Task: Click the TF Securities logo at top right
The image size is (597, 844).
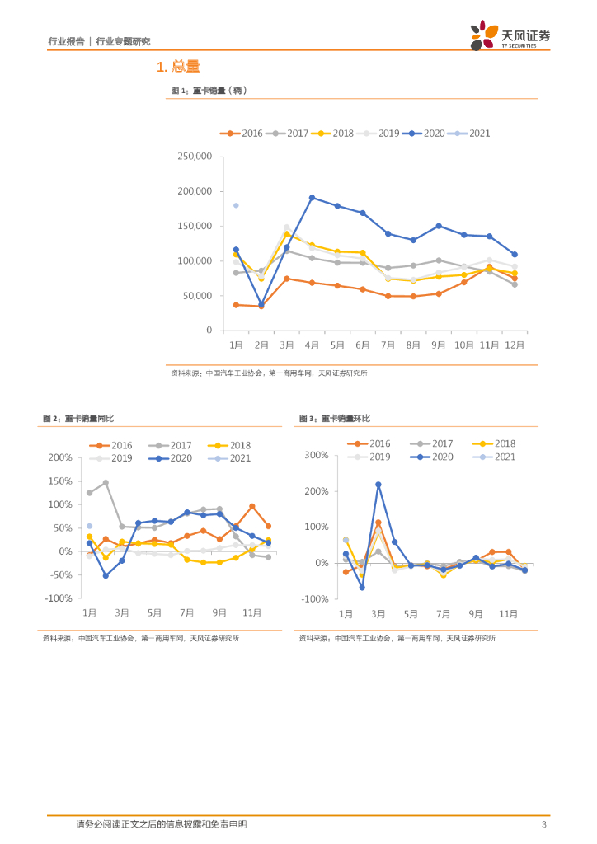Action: click(510, 36)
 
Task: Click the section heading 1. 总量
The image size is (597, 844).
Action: click(178, 67)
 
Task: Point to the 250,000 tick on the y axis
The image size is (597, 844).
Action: click(195, 157)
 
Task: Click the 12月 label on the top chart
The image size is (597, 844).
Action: click(514, 345)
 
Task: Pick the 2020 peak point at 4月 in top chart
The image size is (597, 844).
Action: click(312, 198)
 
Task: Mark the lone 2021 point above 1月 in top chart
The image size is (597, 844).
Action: click(236, 205)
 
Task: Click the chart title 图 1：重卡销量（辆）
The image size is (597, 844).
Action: click(209, 91)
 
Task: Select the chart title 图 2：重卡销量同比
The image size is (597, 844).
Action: click(82, 420)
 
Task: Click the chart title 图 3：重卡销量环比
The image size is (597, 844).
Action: click(335, 420)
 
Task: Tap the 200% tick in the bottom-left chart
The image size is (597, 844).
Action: click(60, 457)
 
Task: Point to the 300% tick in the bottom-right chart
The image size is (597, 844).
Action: click(317, 455)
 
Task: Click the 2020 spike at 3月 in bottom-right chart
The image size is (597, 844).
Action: click(378, 485)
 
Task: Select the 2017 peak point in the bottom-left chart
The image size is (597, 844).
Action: click(106, 483)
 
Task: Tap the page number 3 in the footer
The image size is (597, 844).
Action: click(543, 825)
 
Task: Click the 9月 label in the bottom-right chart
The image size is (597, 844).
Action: click(476, 614)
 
